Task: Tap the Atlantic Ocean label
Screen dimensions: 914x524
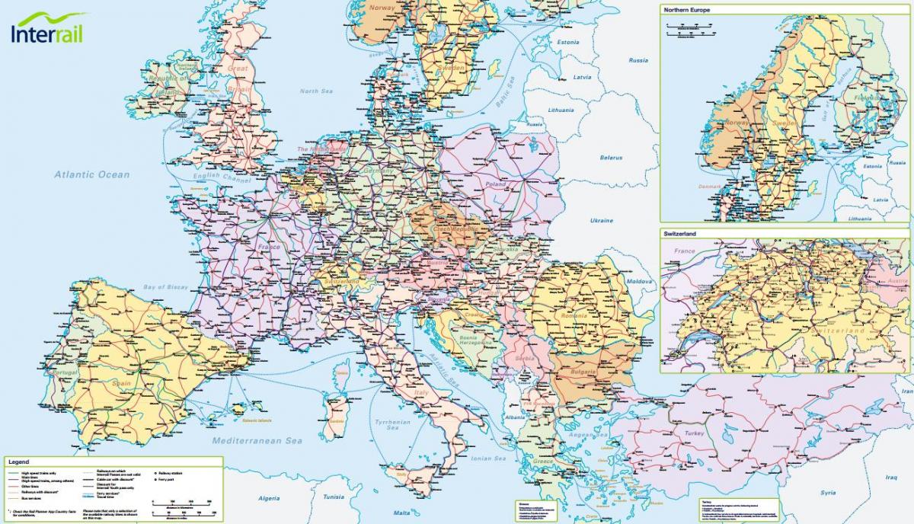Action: pos(91,174)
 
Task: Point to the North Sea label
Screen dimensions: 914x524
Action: pos(316,91)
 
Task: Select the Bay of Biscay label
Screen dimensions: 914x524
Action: pos(165,287)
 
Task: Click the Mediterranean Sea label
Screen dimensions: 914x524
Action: pos(257,441)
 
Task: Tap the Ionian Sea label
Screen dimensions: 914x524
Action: pos(489,458)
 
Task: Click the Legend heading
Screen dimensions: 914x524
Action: pos(18,462)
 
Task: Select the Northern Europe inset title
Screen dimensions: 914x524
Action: pos(686,11)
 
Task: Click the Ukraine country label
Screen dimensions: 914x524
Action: pos(601,221)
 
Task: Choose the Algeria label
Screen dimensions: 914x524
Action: pos(269,498)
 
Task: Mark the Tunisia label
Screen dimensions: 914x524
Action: pos(333,497)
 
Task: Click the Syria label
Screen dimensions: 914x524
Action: pos(828,493)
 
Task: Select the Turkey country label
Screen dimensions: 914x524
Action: pos(695,433)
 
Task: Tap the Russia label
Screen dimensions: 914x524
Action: pos(638,60)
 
